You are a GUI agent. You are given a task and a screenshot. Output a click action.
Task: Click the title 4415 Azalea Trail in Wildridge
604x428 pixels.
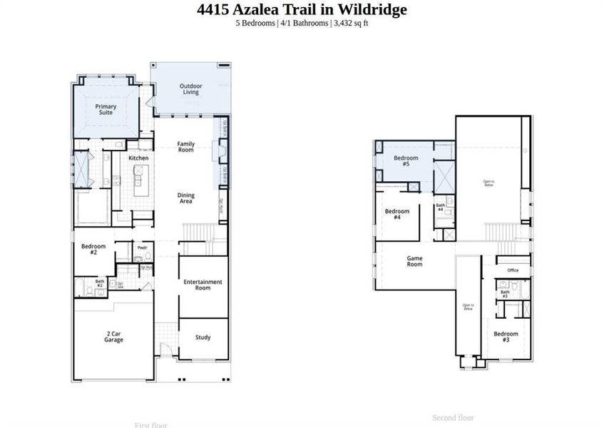coord(302,9)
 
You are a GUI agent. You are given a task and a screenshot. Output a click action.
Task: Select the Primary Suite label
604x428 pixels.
coord(106,110)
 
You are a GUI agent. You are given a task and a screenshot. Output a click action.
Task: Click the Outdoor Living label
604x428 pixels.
coord(190,89)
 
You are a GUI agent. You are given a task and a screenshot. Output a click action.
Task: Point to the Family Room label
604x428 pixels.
coord(185,147)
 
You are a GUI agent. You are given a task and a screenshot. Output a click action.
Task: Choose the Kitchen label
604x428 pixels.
coord(138,158)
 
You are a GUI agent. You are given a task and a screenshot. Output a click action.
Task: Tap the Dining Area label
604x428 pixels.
coord(185,198)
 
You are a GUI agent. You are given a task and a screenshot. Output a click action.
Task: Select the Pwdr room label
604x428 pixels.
coord(142,248)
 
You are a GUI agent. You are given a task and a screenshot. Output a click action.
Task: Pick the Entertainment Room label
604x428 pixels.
coord(203,285)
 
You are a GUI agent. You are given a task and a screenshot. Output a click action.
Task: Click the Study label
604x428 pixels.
coord(203,337)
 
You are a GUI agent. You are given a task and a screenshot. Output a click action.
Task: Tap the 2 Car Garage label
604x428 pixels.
coord(113,336)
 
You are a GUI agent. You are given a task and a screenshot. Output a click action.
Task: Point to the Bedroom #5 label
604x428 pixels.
coord(406,161)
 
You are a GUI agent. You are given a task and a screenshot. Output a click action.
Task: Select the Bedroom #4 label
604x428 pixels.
coord(397,214)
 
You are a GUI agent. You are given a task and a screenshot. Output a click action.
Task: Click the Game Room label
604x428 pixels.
coord(414,261)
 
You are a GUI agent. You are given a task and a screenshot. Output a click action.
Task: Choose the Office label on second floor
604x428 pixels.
coord(513,270)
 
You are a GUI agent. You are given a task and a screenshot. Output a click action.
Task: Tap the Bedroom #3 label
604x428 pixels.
coord(506,337)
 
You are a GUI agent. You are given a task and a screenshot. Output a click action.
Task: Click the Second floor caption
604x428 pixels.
coord(453,417)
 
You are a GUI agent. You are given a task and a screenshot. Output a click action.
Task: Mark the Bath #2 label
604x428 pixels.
coord(100,283)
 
